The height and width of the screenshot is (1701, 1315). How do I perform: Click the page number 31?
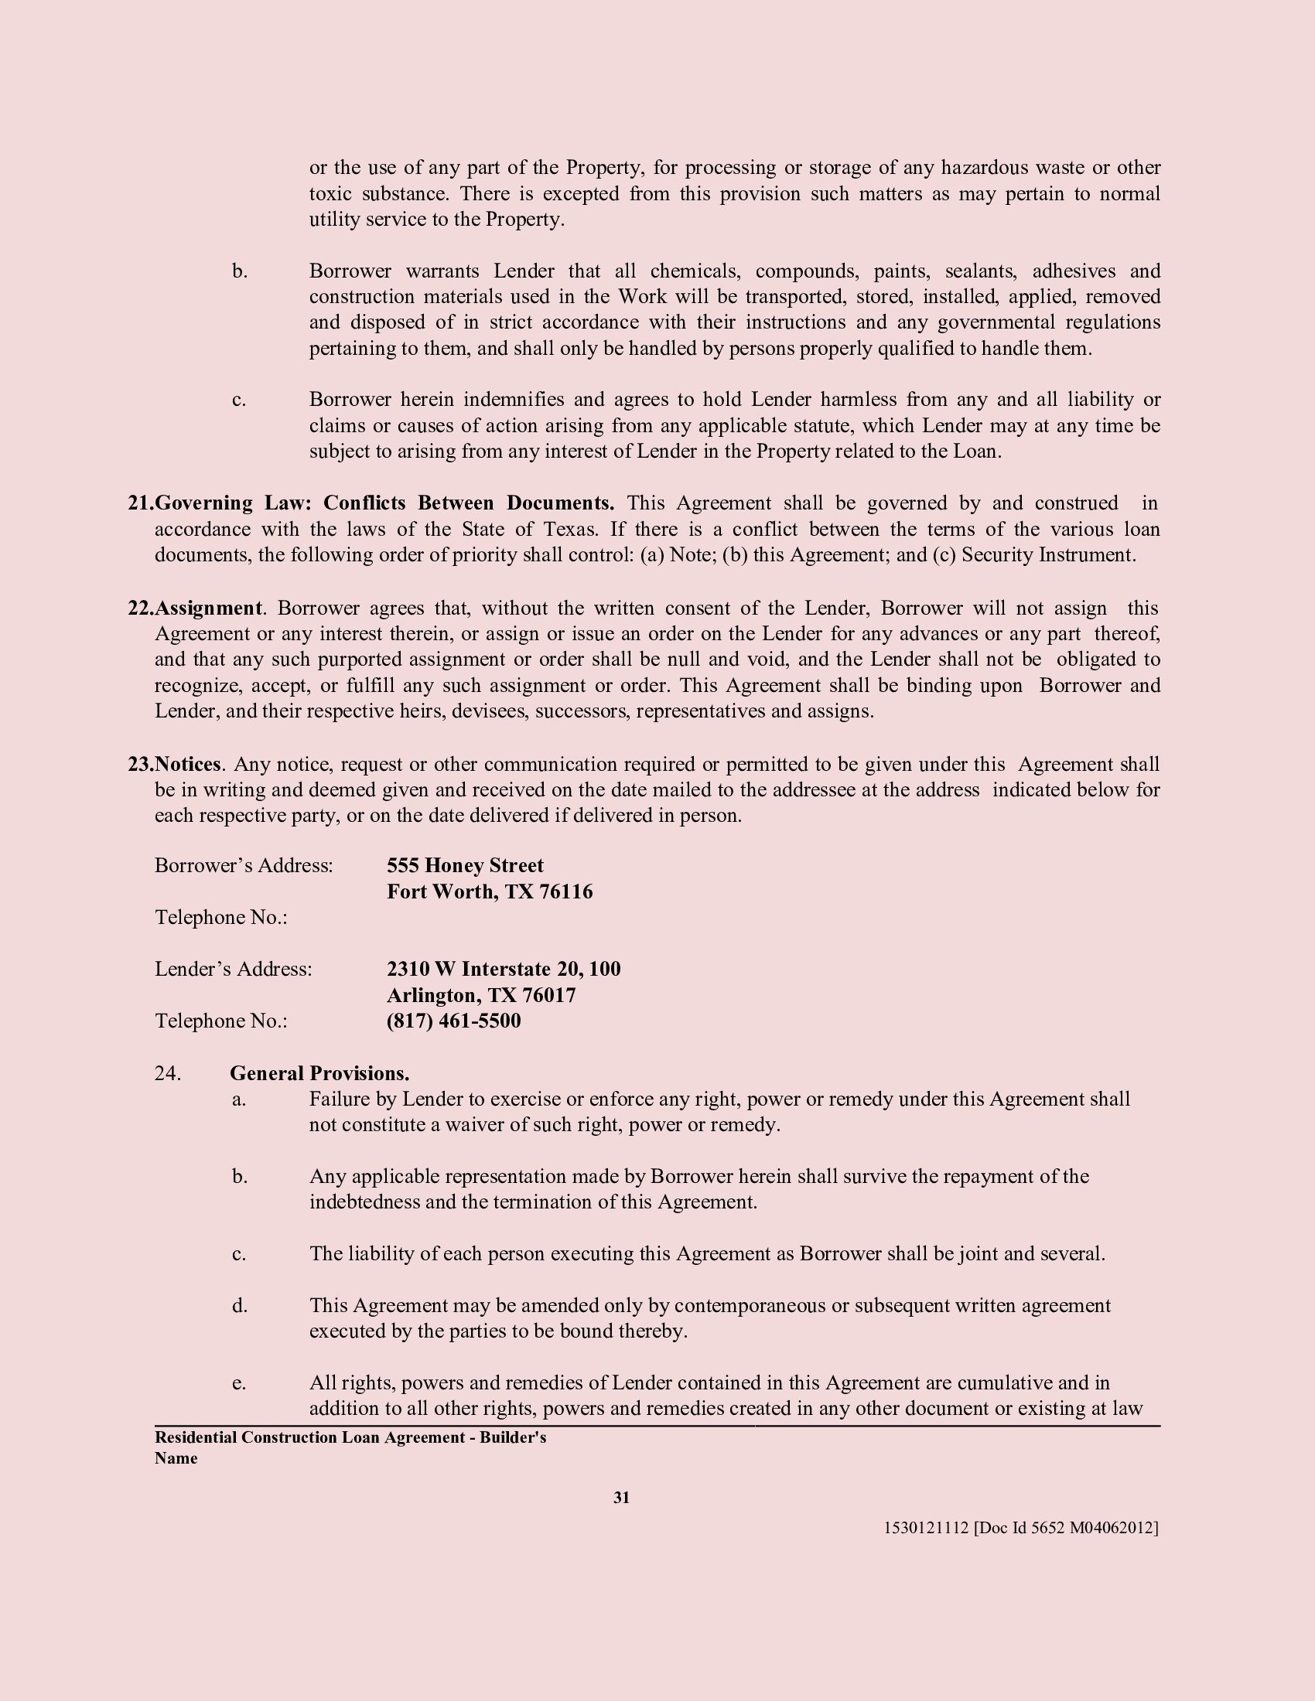pyautogui.click(x=621, y=1497)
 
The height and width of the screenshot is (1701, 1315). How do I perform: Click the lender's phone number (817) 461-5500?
pyautogui.click(x=453, y=1021)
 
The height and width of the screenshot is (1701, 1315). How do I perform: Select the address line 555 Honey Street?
pyautogui.click(x=465, y=865)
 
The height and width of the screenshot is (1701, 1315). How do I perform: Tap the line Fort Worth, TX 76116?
pyautogui.click(x=489, y=891)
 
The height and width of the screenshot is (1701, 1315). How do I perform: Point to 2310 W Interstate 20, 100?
pyautogui.click(x=504, y=969)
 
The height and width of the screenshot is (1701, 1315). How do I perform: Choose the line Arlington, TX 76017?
pyautogui.click(x=480, y=994)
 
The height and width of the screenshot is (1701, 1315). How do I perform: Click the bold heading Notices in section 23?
pyautogui.click(x=188, y=764)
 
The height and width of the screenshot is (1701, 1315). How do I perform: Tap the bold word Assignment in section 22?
pyautogui.click(x=208, y=608)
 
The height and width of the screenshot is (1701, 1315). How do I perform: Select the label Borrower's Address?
pyautogui.click(x=244, y=865)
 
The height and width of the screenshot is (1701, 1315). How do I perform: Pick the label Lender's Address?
pyautogui.click(x=233, y=969)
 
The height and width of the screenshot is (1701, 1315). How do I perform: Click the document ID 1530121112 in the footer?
pyautogui.click(x=925, y=1527)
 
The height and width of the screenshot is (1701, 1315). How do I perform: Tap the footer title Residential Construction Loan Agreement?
pyautogui.click(x=310, y=1437)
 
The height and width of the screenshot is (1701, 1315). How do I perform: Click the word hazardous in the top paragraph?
pyautogui.click(x=983, y=168)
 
